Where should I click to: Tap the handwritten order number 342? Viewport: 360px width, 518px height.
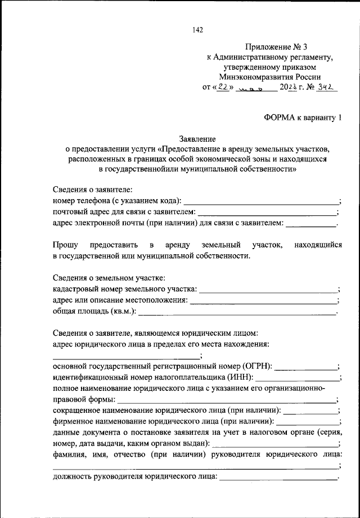[x=326, y=88]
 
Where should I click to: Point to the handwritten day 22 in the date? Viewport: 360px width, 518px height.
[x=224, y=88]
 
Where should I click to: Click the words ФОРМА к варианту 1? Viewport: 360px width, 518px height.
[x=302, y=117]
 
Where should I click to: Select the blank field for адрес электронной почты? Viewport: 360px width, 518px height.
[x=310, y=226]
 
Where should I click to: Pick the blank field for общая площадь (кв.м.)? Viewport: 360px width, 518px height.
[x=237, y=312]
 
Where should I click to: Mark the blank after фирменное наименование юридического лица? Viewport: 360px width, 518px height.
[x=308, y=424]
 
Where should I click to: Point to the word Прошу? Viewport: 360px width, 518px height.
[x=65, y=245]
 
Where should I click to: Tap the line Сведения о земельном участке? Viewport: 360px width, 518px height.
[x=109, y=278]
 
